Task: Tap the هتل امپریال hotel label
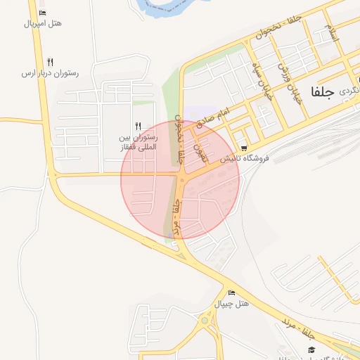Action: tap(43, 23)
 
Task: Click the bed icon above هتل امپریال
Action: tap(43, 13)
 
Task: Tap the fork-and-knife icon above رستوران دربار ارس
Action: tap(49, 62)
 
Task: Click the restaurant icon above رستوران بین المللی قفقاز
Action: tap(139, 126)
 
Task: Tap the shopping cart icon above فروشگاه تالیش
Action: tap(243, 148)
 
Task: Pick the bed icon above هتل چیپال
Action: tap(231, 292)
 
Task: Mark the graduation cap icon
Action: tap(311, 350)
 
